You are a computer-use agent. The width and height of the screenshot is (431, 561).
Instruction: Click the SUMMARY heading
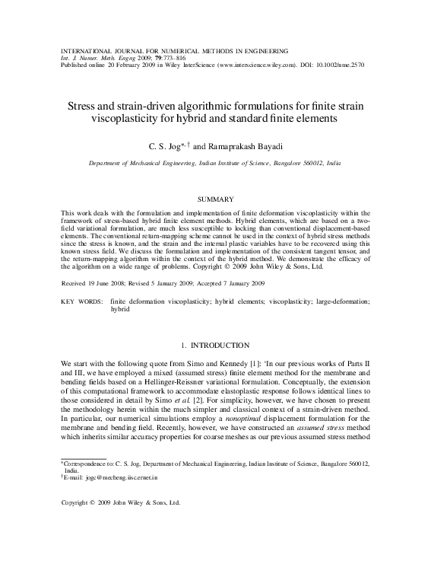point(215,199)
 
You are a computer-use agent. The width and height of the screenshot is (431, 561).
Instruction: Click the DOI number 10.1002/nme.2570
point(338,65)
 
